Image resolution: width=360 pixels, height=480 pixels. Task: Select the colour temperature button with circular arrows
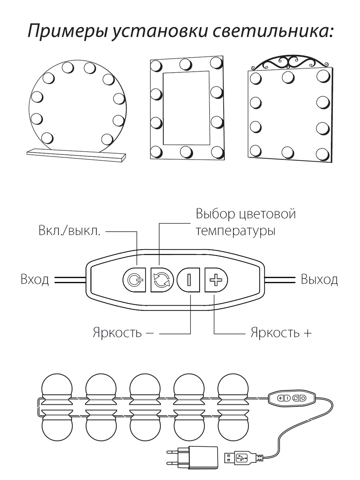[x=162, y=279]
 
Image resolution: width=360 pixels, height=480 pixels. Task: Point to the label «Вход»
[x=34, y=279]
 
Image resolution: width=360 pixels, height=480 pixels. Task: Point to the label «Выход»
[x=319, y=279]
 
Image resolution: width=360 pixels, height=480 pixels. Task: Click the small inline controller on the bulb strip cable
[x=291, y=398]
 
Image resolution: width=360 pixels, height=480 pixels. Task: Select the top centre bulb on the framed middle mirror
[x=186, y=64]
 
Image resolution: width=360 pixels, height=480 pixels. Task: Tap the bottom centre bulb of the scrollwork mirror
[x=288, y=152]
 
